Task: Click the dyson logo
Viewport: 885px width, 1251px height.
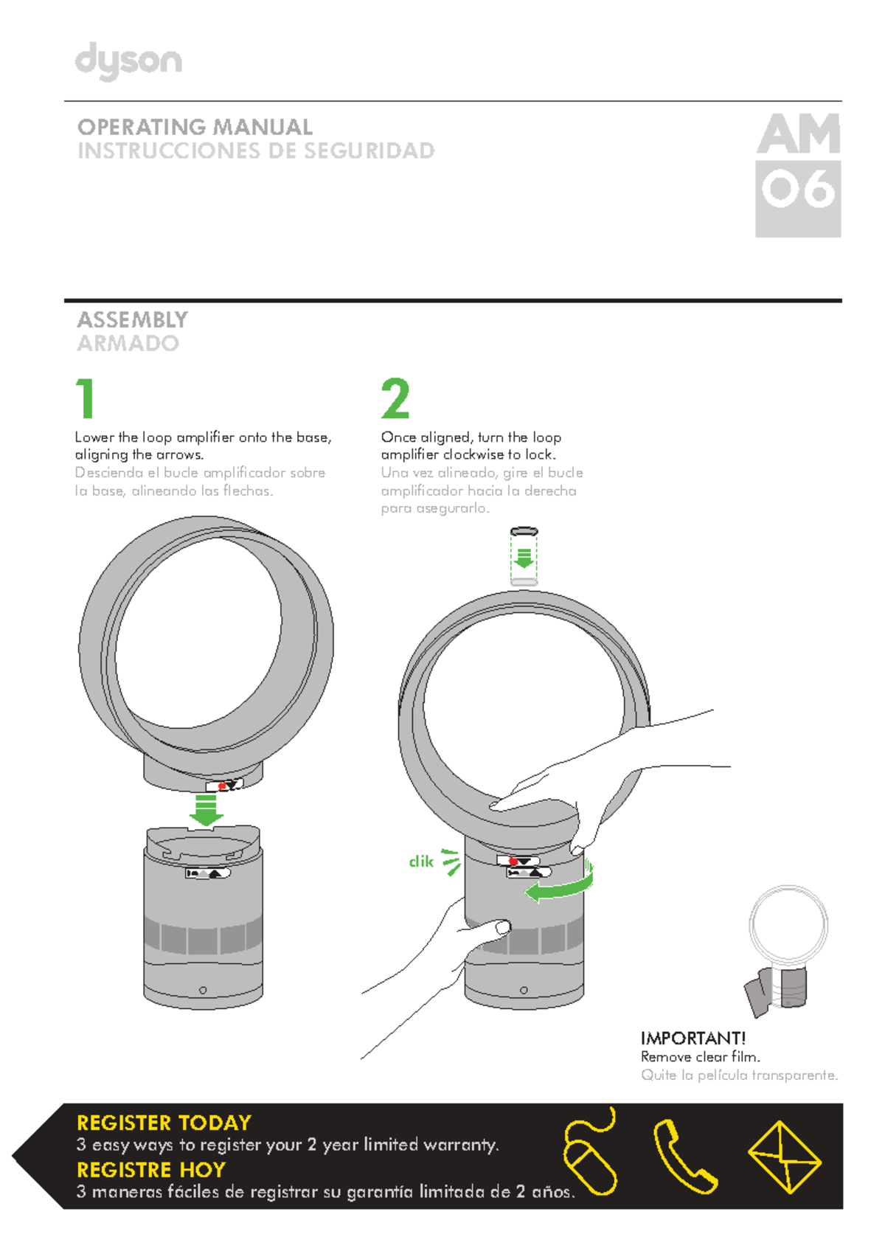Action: pos(128,60)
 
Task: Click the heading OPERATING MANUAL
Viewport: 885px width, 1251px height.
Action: pos(195,127)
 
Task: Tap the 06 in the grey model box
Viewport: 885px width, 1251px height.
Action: pos(798,190)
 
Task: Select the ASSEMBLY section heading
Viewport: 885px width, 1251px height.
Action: pos(133,319)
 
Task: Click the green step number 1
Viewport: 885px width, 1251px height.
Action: pos(86,398)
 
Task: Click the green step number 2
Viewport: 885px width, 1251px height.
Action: pos(395,398)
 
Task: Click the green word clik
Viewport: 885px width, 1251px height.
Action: pos(421,862)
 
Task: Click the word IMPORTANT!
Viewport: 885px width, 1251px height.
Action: pos(693,1038)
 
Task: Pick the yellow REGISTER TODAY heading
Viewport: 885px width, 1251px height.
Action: pos(164,1123)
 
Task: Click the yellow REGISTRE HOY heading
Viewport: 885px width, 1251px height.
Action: pos(151,1170)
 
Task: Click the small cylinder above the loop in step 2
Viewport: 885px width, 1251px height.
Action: pos(524,557)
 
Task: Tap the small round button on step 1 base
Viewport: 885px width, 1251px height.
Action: pos(203,990)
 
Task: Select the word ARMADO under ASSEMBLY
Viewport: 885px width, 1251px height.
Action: pos(128,343)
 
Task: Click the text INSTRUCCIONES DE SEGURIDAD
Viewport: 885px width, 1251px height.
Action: pos(256,150)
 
